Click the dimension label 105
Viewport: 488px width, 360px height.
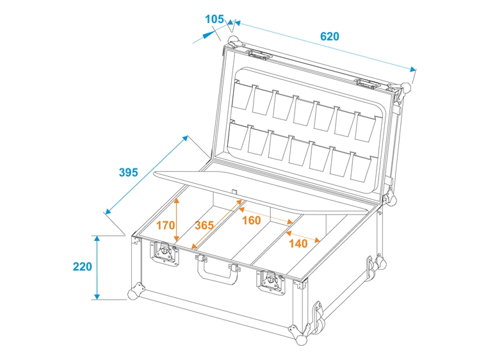click(x=215, y=19)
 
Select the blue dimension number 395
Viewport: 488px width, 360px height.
click(x=129, y=172)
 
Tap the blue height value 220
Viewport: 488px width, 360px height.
click(x=83, y=266)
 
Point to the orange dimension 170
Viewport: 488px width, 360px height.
click(x=165, y=225)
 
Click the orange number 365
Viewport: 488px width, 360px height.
click(x=204, y=225)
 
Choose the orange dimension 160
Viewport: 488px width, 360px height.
click(x=251, y=220)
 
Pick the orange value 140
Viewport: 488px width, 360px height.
click(x=298, y=243)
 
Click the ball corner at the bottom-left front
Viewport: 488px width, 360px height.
click(x=134, y=293)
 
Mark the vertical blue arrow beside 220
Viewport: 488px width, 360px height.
click(x=97, y=267)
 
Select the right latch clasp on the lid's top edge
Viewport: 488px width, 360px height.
click(x=366, y=82)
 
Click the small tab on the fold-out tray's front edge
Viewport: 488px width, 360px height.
click(x=235, y=191)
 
